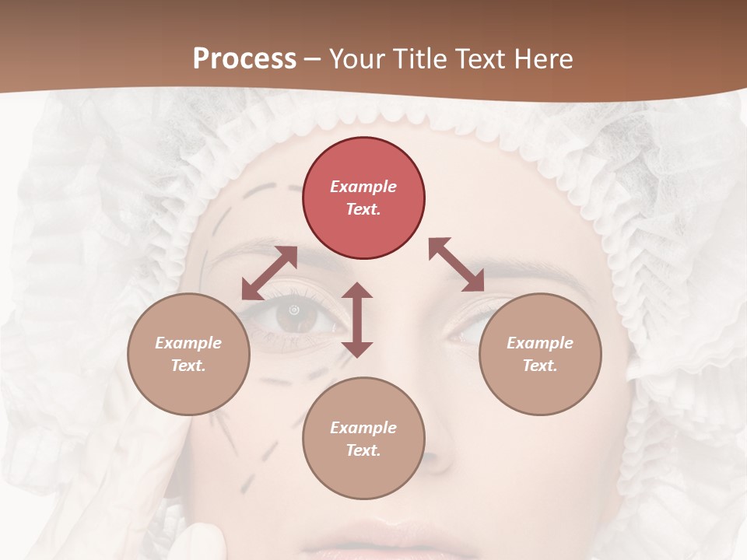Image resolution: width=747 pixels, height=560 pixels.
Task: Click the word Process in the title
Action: pyautogui.click(x=244, y=59)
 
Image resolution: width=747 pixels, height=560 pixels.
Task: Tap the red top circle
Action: pyautogui.click(x=363, y=198)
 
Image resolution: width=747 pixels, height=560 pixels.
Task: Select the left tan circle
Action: pyautogui.click(x=188, y=355)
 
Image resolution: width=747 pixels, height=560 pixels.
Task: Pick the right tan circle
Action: pyautogui.click(x=540, y=355)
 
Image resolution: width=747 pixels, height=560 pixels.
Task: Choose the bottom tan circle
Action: pyautogui.click(x=363, y=439)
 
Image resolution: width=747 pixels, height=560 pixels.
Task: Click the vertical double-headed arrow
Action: pyautogui.click(x=357, y=320)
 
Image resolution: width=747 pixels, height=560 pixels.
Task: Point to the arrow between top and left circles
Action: pyautogui.click(x=269, y=273)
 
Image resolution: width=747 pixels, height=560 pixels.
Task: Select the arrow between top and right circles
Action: pyautogui.click(x=457, y=265)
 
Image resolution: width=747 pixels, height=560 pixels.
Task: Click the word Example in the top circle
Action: pyautogui.click(x=363, y=187)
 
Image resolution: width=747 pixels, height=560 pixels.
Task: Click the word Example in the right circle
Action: pyautogui.click(x=540, y=343)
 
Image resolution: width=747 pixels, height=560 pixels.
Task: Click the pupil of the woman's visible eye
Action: pyautogui.click(x=294, y=311)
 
